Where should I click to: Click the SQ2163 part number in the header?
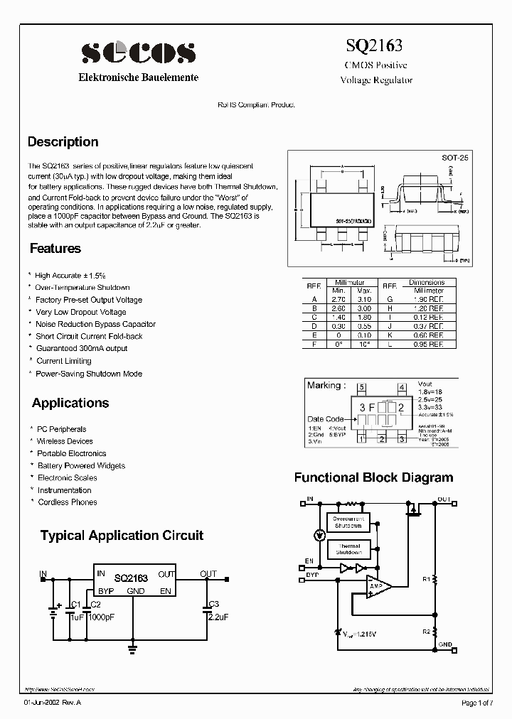tap(374, 46)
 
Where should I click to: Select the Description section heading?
tap(63, 142)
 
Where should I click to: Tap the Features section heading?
tap(55, 249)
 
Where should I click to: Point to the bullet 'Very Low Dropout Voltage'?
tap(80, 312)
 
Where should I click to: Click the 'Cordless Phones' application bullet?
tap(67, 502)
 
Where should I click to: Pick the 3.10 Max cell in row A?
tap(364, 300)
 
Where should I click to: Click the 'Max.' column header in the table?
tap(364, 291)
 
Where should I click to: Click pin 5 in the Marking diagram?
tap(362, 387)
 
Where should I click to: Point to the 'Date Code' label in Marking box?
tap(325, 419)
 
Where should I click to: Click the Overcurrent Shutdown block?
tap(348, 522)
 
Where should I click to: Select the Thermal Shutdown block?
tap(348, 549)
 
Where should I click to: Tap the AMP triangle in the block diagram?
tap(378, 586)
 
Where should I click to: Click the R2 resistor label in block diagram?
tap(427, 631)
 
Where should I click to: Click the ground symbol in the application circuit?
tap(132, 647)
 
